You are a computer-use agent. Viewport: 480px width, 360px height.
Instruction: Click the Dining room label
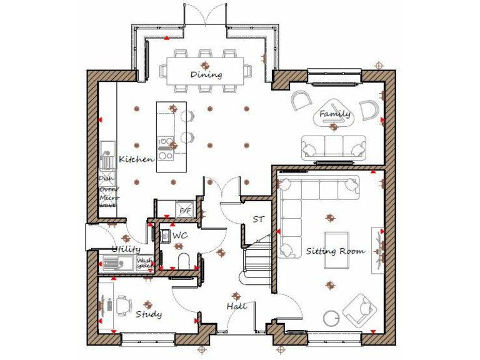click(x=206, y=75)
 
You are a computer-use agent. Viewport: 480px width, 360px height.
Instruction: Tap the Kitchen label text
click(x=136, y=159)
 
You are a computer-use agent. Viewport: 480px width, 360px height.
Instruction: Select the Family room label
click(x=334, y=114)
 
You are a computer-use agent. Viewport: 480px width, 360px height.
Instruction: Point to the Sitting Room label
click(x=335, y=251)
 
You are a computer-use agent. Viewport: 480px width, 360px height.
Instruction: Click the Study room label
click(x=149, y=314)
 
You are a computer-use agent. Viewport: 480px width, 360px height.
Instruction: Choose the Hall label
click(x=237, y=306)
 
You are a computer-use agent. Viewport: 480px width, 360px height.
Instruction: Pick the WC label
click(x=180, y=236)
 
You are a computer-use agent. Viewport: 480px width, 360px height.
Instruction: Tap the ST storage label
click(x=258, y=219)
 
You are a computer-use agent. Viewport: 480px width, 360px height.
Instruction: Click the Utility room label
click(x=126, y=249)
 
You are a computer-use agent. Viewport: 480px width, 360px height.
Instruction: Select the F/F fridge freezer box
click(x=185, y=211)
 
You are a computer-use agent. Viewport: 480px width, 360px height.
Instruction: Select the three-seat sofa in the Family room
click(x=334, y=147)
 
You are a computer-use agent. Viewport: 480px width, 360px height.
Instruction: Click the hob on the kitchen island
click(x=166, y=148)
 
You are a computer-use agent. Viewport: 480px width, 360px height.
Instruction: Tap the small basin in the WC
click(x=166, y=236)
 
